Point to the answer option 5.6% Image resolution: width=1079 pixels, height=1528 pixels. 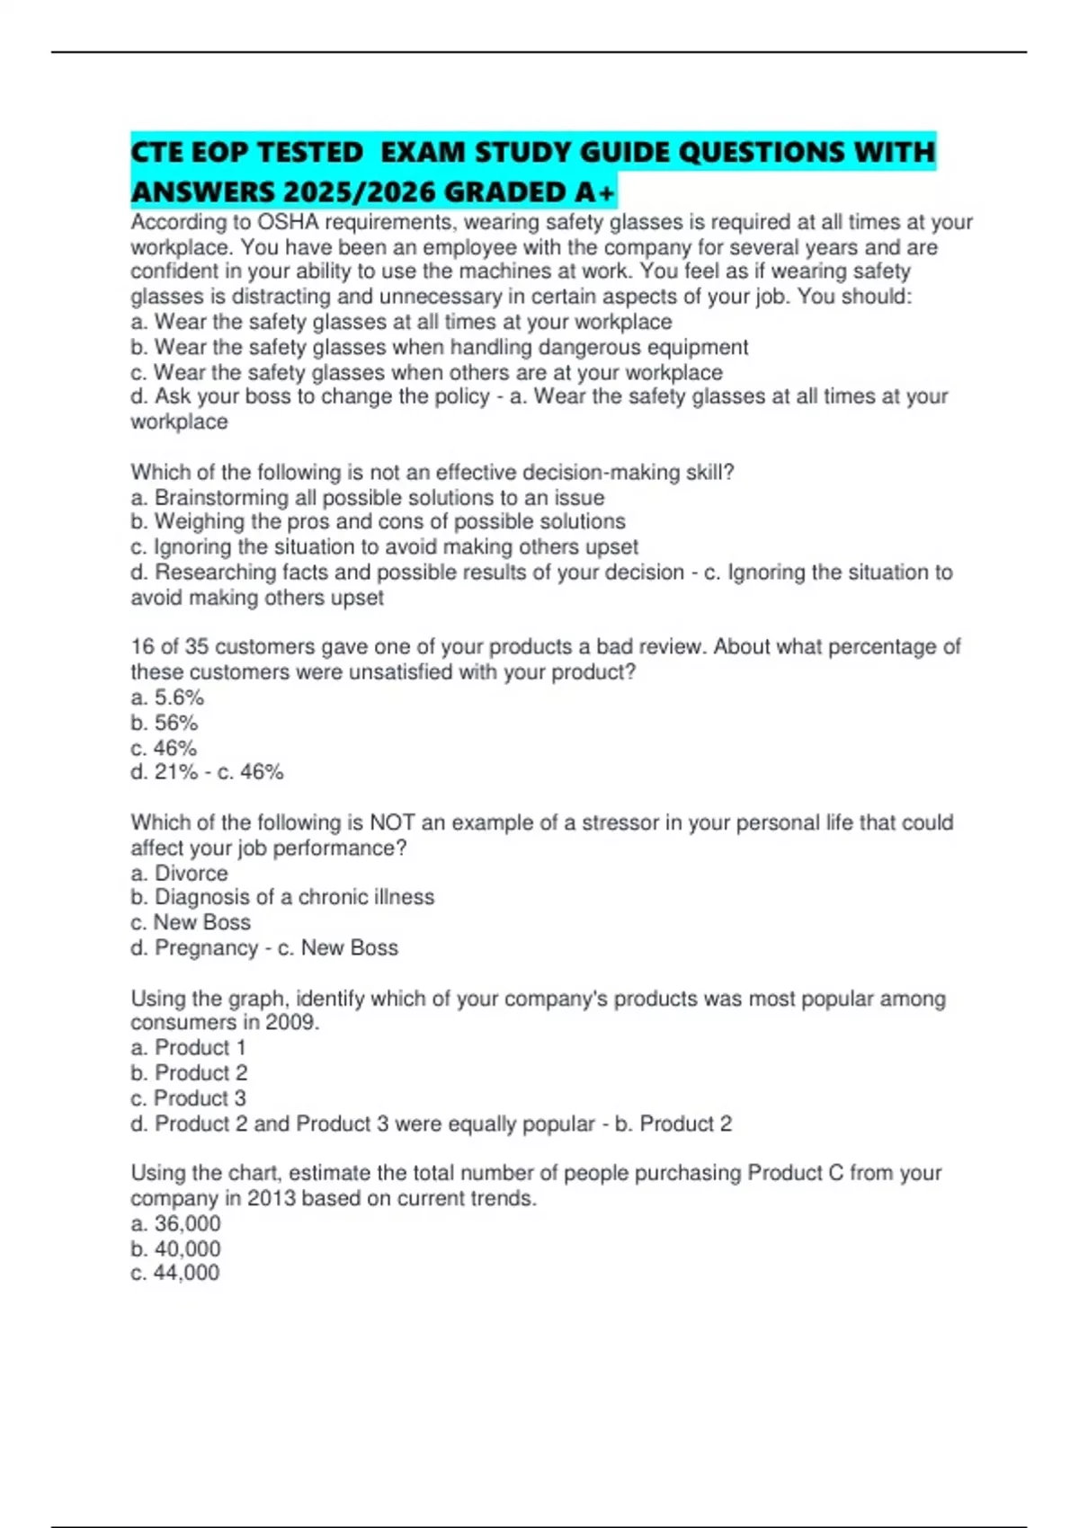[x=179, y=697]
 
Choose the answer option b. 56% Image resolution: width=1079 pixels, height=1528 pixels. [x=164, y=723]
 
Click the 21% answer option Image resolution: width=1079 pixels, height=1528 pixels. [x=176, y=772]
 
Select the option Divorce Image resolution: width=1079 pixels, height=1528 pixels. [x=191, y=874]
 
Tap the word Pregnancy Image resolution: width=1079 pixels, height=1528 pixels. [x=206, y=948]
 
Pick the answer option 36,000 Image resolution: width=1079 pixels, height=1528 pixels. [x=187, y=1223]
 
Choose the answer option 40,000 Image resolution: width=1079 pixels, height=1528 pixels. [x=187, y=1248]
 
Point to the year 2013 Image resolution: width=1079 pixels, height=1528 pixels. [x=271, y=1198]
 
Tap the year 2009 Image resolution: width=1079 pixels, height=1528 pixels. [x=291, y=1023]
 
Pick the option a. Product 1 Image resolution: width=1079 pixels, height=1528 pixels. [x=188, y=1048]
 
